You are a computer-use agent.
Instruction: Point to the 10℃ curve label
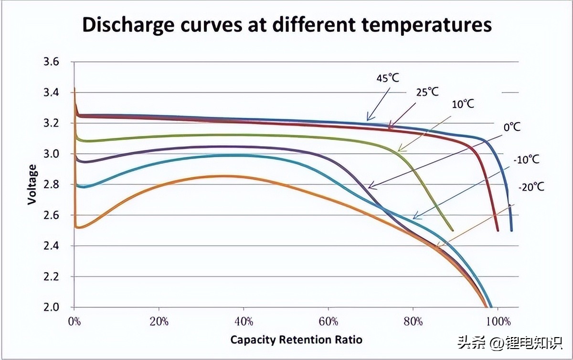point(463,104)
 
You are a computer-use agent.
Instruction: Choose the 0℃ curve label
point(511,127)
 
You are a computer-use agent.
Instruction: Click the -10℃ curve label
point(527,159)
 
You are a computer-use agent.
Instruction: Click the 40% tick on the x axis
point(244,321)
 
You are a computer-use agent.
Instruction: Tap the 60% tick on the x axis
point(328,321)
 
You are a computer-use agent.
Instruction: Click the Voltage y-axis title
point(32,184)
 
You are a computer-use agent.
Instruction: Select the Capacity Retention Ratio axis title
point(296,340)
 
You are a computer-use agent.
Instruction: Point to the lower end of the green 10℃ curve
point(452,230)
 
